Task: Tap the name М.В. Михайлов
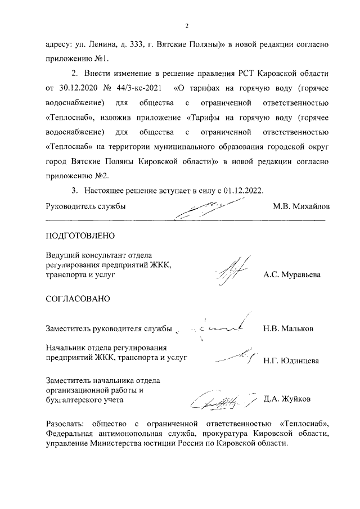click(301, 206)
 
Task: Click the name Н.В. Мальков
click(288, 328)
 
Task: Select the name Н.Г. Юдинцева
click(291, 360)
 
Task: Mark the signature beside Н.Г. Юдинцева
click(235, 355)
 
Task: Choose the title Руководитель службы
click(85, 206)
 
